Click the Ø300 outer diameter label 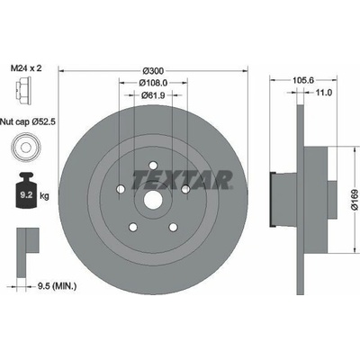pos(153,71)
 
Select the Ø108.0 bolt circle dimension pos(153,82)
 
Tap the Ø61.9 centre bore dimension pos(153,95)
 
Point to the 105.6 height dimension pos(303,80)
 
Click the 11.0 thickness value pos(323,93)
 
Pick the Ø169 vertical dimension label pos(355,200)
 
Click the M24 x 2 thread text pos(26,68)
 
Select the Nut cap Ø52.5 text pos(28,121)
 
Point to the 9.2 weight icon pos(26,190)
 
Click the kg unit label pos(44,196)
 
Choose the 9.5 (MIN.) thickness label pos(57,286)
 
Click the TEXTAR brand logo pos(183,180)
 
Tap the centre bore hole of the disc pos(153,201)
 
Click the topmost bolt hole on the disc pos(153,166)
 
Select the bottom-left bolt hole pos(132,227)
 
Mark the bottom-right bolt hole pos(173,227)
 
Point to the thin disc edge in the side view pos(301,200)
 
